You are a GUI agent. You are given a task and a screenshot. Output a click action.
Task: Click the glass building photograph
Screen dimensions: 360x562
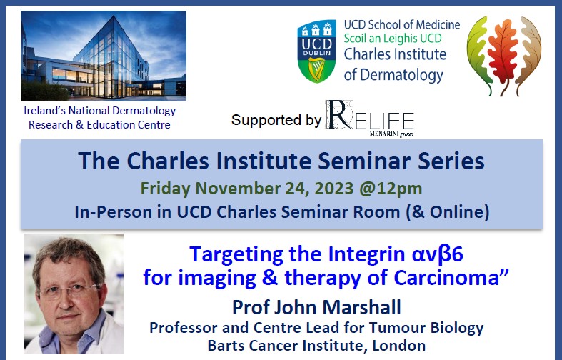104,56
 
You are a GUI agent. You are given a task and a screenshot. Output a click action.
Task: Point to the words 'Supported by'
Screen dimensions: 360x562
276,120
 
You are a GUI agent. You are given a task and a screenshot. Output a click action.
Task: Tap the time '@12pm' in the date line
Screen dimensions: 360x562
396,190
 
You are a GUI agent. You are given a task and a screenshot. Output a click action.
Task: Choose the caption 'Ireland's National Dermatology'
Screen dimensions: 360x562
99,111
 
